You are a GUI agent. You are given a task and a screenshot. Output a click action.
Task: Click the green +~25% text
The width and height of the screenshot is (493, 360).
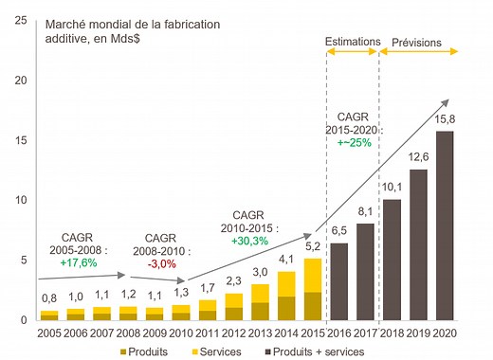click(354, 142)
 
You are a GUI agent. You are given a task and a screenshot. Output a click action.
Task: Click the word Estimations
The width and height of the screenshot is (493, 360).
click(352, 42)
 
